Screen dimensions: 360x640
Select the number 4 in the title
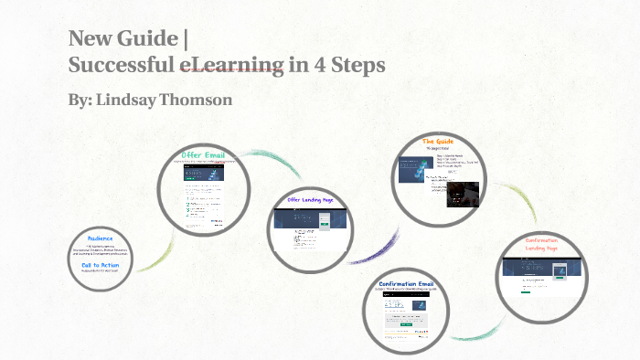coord(318,65)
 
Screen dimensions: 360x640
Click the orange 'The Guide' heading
coord(439,142)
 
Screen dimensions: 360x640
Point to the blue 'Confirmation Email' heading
coord(418,284)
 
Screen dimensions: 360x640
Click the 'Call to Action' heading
coord(100,265)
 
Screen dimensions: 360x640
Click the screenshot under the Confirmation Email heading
coord(418,311)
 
